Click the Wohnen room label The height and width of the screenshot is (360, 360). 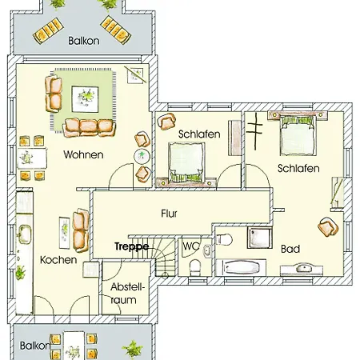coord(83,154)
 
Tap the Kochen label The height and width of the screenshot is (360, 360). coord(58,260)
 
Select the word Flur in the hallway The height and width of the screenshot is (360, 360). coord(169,214)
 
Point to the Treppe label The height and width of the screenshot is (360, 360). coord(131,246)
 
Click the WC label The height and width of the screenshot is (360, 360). coord(191,246)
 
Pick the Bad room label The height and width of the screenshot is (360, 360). coord(290,249)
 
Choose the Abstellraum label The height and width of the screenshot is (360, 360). coord(127,294)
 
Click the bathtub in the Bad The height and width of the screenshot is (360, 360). coord(241,267)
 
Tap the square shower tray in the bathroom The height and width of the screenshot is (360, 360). coord(259,238)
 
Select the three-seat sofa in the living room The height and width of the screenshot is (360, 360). coord(90,127)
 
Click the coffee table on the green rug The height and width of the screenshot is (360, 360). coord(85,99)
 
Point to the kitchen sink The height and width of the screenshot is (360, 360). coord(24,234)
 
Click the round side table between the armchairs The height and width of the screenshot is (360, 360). coord(142,157)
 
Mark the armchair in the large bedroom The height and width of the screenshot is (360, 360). coord(328,226)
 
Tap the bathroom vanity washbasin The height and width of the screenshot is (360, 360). coord(302,269)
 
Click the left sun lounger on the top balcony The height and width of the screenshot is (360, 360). coord(48,30)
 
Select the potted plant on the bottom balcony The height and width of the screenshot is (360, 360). coord(133,348)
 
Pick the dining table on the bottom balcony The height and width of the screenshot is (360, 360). coord(74,346)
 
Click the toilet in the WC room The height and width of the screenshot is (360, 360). coord(195,267)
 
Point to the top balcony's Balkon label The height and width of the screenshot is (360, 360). coord(84,41)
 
